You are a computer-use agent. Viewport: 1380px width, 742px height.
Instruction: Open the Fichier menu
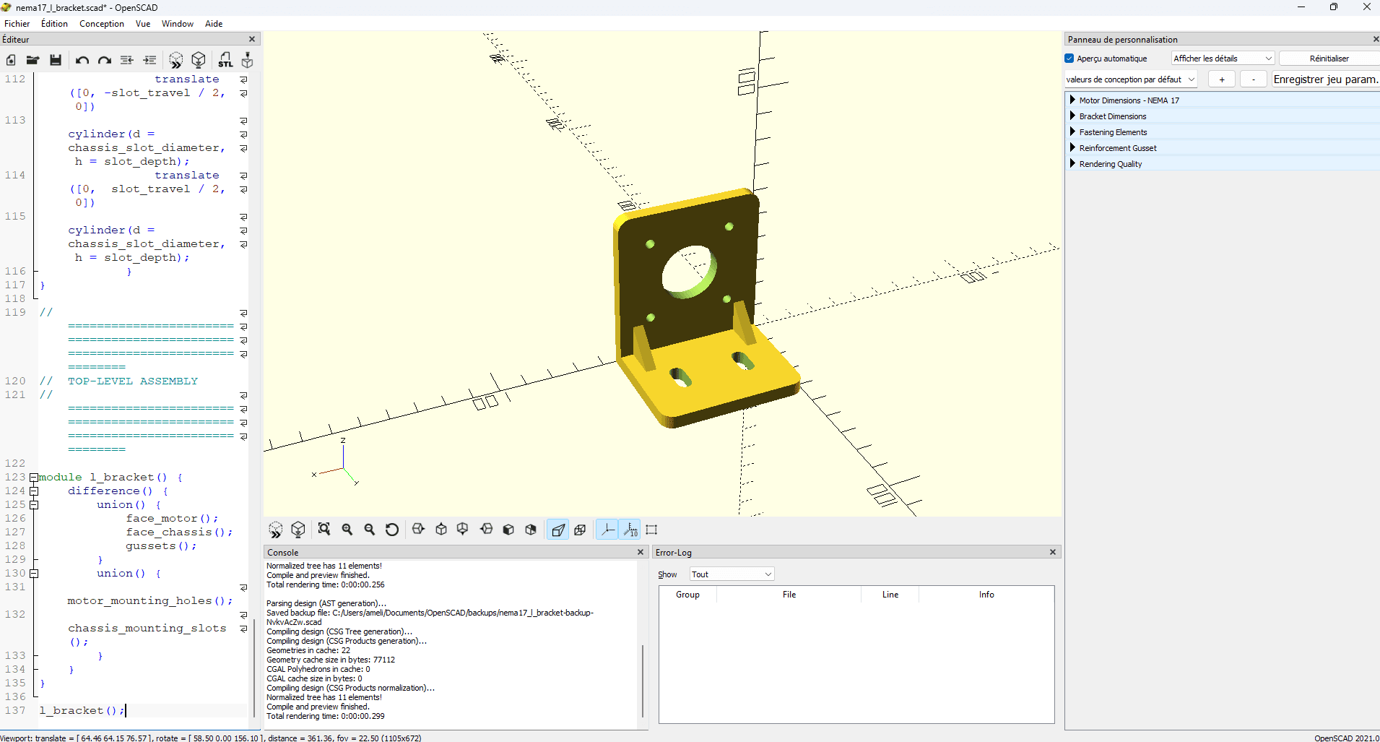17,24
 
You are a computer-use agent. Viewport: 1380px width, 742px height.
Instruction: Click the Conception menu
102,24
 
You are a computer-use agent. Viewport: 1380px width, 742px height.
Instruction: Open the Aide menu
214,24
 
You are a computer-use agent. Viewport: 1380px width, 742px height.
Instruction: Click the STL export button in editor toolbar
225,60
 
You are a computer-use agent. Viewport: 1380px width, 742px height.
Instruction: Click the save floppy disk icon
56,60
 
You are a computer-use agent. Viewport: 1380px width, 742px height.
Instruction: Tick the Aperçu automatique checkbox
1069,59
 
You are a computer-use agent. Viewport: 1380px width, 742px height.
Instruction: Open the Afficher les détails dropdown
1222,59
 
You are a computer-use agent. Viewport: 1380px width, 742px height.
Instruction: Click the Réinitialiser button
1329,59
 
